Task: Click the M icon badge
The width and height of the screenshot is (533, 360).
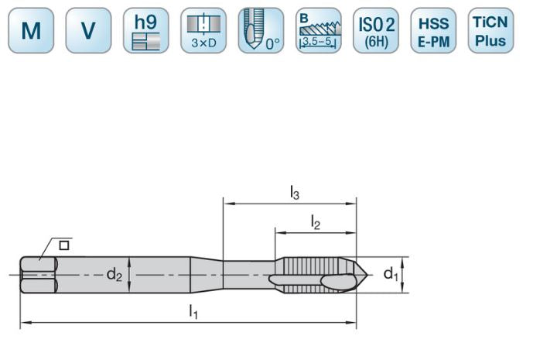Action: pos(32,31)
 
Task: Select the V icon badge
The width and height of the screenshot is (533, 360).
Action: pos(88,31)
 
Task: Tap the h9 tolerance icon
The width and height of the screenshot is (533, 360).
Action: pos(145,31)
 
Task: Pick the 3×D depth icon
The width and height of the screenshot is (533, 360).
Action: pos(203,31)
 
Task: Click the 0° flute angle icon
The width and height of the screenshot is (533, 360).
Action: pos(261,31)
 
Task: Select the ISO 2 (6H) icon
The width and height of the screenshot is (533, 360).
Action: pos(375,31)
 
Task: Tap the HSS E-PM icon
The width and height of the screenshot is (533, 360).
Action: pos(432,31)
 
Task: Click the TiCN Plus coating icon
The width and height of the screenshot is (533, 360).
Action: pos(490,31)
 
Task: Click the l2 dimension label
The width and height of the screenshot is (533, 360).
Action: pos(316,222)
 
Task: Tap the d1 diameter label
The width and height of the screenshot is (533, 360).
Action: pos(391,275)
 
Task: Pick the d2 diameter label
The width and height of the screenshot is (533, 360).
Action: pos(114,275)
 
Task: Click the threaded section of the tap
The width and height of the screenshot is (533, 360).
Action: pos(309,275)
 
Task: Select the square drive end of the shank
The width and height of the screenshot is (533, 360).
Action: pos(39,275)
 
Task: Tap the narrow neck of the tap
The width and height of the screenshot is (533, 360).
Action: pos(248,275)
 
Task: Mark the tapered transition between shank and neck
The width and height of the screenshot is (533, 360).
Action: pos(207,275)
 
